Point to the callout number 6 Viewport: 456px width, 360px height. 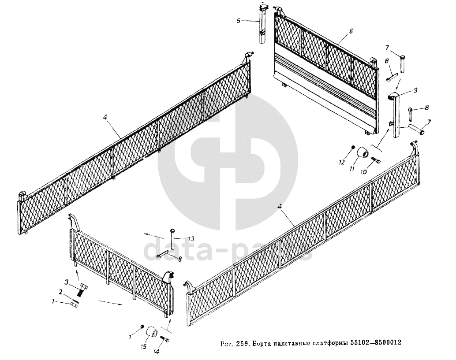pos(351,31)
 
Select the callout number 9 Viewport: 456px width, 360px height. pos(403,90)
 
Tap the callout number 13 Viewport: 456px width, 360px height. pos(191,239)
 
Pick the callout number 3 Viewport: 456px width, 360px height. pos(67,282)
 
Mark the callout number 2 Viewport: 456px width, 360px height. pos(60,292)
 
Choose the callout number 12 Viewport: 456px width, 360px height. pos(341,163)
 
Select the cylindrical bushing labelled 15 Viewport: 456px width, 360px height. pos(152,332)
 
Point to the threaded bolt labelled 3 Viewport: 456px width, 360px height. pos(82,290)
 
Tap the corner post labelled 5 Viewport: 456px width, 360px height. pos(263,24)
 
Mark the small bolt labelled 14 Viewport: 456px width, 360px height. pos(165,339)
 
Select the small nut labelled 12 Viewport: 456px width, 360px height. pos(353,147)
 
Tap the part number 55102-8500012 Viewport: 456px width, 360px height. pos(378,342)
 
